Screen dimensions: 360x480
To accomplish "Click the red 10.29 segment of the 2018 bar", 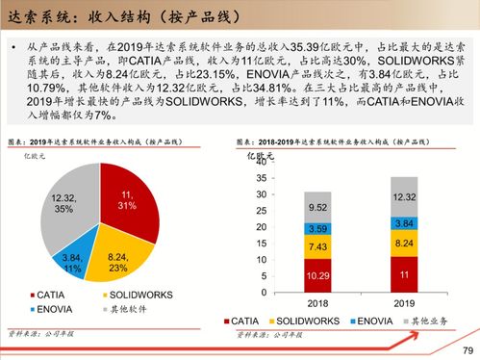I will (317, 275).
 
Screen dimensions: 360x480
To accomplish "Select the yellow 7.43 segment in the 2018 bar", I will (317, 247).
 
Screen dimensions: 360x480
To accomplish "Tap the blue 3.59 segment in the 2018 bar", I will (317, 229).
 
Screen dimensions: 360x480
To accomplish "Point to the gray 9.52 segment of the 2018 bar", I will (317, 207).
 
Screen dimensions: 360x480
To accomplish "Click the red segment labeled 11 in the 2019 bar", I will (403, 273).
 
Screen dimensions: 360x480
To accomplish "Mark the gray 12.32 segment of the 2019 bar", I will (403, 196).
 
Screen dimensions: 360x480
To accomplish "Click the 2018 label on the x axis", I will (317, 301).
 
